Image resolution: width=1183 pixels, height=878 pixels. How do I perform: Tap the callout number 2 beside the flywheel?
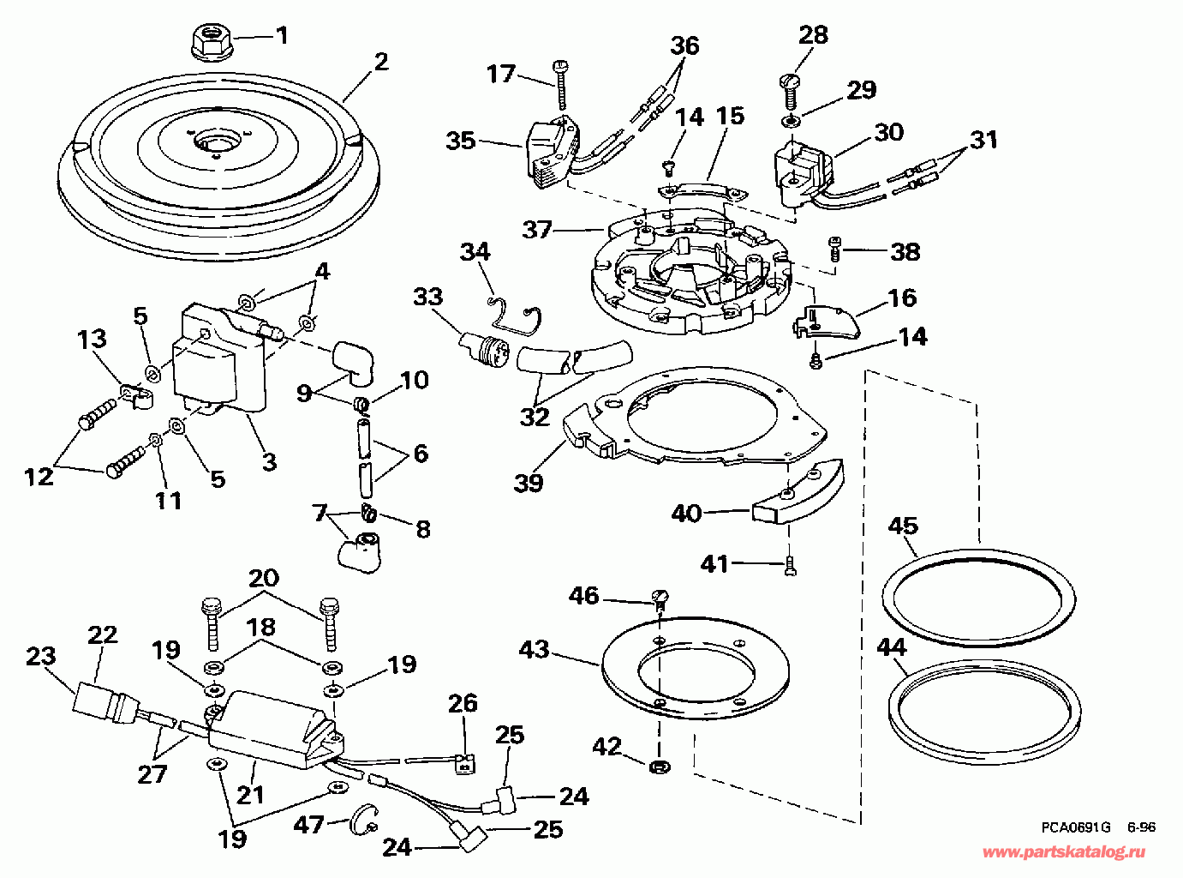[x=381, y=63]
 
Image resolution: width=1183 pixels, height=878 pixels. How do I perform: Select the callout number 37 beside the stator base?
[x=537, y=230]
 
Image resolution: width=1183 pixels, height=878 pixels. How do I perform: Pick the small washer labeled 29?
[x=791, y=121]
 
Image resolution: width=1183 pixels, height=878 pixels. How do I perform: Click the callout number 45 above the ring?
[x=903, y=526]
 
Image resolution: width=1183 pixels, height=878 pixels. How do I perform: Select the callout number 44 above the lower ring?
[x=892, y=647]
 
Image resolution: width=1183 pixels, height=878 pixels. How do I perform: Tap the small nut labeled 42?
[x=660, y=767]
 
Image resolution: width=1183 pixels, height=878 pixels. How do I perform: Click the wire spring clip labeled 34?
[x=514, y=318]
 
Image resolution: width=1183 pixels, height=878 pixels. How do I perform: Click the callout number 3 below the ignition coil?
[x=269, y=461]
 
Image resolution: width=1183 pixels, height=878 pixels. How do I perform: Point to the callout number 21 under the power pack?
[x=250, y=795]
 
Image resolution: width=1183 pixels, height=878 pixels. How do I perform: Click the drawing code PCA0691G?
[x=1075, y=827]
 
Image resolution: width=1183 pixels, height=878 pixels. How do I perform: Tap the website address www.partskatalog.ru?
[x=1064, y=851]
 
